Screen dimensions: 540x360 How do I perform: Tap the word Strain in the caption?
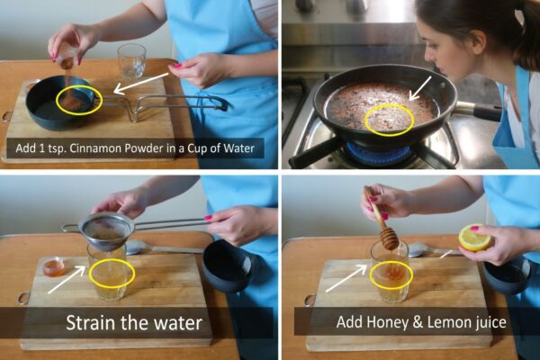tap(88, 323)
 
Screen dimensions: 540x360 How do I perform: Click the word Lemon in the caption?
tap(447, 322)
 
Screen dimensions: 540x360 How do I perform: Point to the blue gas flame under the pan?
tap(378, 151)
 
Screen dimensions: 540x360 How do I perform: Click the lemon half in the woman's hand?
tap(475, 238)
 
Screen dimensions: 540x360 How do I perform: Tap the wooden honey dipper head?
tap(389, 238)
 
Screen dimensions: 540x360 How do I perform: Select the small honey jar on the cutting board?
tap(54, 267)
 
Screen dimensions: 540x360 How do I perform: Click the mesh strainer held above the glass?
tap(107, 229)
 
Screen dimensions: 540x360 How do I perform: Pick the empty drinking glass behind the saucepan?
tap(131, 60)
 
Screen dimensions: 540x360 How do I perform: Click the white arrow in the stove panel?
tap(420, 88)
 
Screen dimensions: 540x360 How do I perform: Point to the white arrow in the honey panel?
tap(346, 278)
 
